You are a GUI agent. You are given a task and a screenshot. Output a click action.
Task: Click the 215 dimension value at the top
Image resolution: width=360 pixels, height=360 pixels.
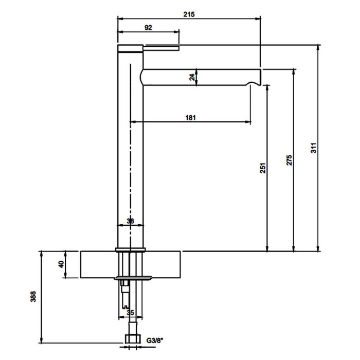click(x=189, y=14)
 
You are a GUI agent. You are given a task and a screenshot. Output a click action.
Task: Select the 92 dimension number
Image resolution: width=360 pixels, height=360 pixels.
click(x=148, y=28)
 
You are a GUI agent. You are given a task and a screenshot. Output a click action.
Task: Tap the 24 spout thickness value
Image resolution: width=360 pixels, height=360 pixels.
click(x=192, y=77)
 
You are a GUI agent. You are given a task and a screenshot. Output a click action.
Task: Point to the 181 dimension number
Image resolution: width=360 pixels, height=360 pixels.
click(x=190, y=118)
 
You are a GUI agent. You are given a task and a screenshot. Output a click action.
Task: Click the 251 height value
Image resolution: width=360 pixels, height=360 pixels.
click(x=263, y=168)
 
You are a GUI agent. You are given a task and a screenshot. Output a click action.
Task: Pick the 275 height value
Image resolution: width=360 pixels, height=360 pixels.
click(x=289, y=160)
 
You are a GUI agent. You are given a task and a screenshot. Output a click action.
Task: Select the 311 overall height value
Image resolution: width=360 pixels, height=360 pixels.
click(x=314, y=148)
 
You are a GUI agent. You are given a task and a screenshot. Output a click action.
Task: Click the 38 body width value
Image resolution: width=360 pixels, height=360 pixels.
click(x=131, y=221)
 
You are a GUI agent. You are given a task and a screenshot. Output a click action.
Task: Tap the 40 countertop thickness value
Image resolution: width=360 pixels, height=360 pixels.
click(x=61, y=264)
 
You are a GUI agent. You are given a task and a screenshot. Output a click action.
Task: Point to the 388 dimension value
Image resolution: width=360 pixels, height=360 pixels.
click(x=33, y=296)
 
